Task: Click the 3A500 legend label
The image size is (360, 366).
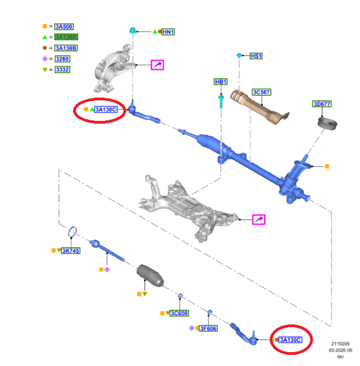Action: pyautogui.click(x=64, y=26)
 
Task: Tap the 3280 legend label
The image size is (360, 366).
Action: pyautogui.click(x=62, y=59)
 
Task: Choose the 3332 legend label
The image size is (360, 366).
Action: pyautogui.click(x=62, y=70)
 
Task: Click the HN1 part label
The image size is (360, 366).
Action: pyautogui.click(x=168, y=32)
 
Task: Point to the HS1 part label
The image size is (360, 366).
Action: pyautogui.click(x=256, y=56)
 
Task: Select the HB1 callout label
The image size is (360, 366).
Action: pyautogui.click(x=221, y=82)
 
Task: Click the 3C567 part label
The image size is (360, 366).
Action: pyautogui.click(x=261, y=92)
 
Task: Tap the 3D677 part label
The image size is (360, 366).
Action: pyautogui.click(x=322, y=104)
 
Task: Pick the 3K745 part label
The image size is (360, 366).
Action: pyautogui.click(x=71, y=251)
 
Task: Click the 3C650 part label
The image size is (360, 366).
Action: pyautogui.click(x=179, y=313)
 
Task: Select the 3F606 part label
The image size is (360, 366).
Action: pyautogui.click(x=208, y=328)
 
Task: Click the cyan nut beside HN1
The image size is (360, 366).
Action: pyautogui.click(x=133, y=30)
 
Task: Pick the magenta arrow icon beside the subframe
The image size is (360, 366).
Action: pyautogui.click(x=259, y=220)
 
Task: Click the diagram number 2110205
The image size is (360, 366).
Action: pyautogui.click(x=340, y=344)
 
